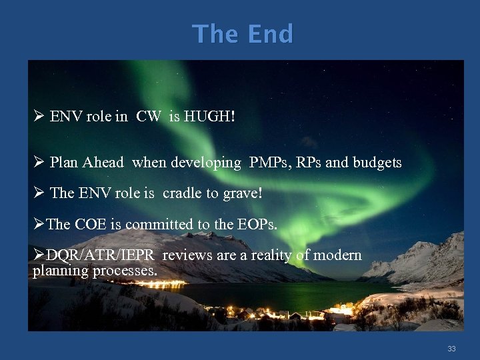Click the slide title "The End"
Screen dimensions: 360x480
tap(242, 33)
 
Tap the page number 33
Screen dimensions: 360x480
tap(451, 349)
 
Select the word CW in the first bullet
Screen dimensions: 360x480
tap(148, 117)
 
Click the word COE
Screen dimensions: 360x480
tap(91, 225)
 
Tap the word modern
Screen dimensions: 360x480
tap(337, 255)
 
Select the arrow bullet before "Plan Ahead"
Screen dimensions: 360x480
tap(39, 163)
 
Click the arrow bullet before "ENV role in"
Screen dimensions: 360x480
tap(39, 117)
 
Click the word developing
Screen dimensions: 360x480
tap(204, 163)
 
